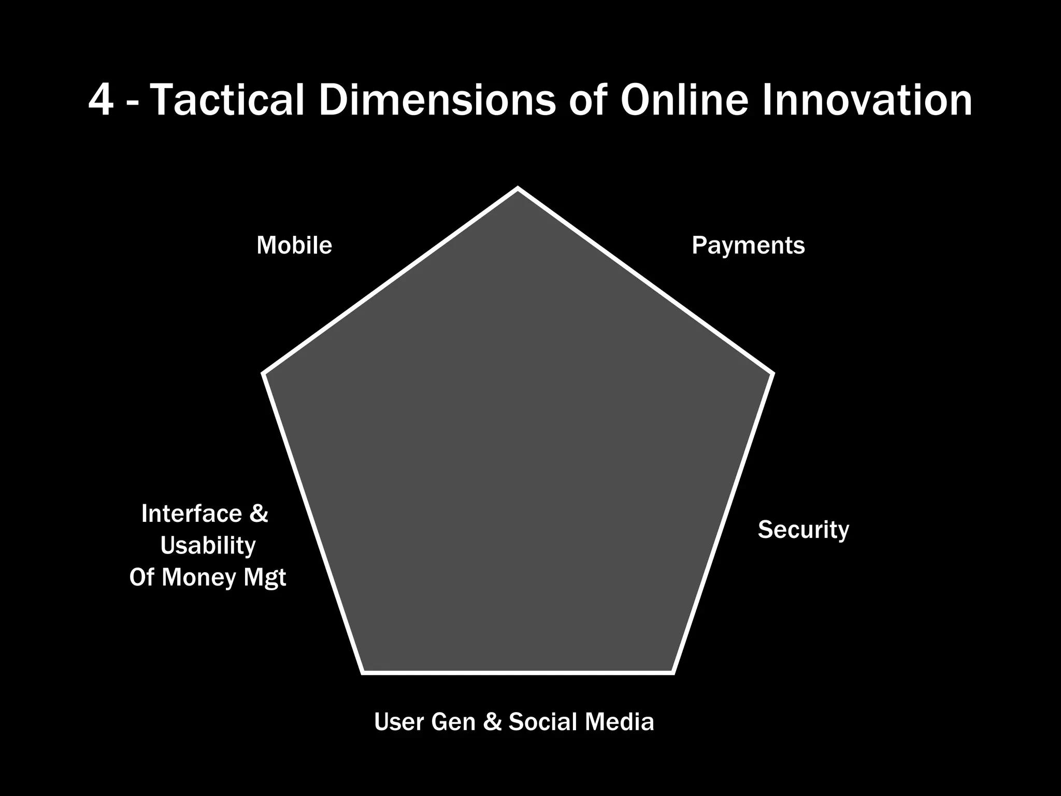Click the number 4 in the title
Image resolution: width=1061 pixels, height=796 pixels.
101,100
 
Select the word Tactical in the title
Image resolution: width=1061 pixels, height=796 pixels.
228,100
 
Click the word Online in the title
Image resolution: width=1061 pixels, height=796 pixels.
684,100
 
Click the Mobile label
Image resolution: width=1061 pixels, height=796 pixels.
294,245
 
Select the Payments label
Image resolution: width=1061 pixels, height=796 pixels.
748,246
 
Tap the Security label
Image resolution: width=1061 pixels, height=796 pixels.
804,530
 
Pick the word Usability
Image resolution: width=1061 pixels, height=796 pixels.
208,546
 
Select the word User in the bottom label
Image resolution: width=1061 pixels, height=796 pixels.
398,722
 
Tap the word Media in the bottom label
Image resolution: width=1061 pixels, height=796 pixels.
619,722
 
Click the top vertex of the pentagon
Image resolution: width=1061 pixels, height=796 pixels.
518,189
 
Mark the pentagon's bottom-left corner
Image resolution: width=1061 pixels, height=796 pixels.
363,672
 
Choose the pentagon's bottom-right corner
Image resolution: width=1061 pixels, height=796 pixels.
673,672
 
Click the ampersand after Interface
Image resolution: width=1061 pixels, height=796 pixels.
259,514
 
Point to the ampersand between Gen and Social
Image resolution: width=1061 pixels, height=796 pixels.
492,722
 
